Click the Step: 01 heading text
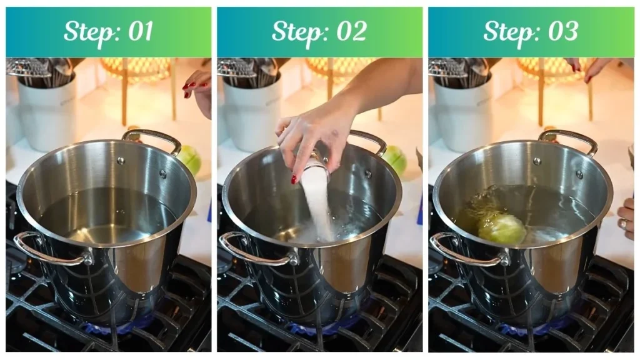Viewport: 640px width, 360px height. pos(108,32)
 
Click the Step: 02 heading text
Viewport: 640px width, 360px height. pos(319,32)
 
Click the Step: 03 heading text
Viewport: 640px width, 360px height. pos(531,32)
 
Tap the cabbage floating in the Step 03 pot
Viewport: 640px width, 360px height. pos(502,229)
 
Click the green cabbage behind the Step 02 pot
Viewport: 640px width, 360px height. pos(396,159)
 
